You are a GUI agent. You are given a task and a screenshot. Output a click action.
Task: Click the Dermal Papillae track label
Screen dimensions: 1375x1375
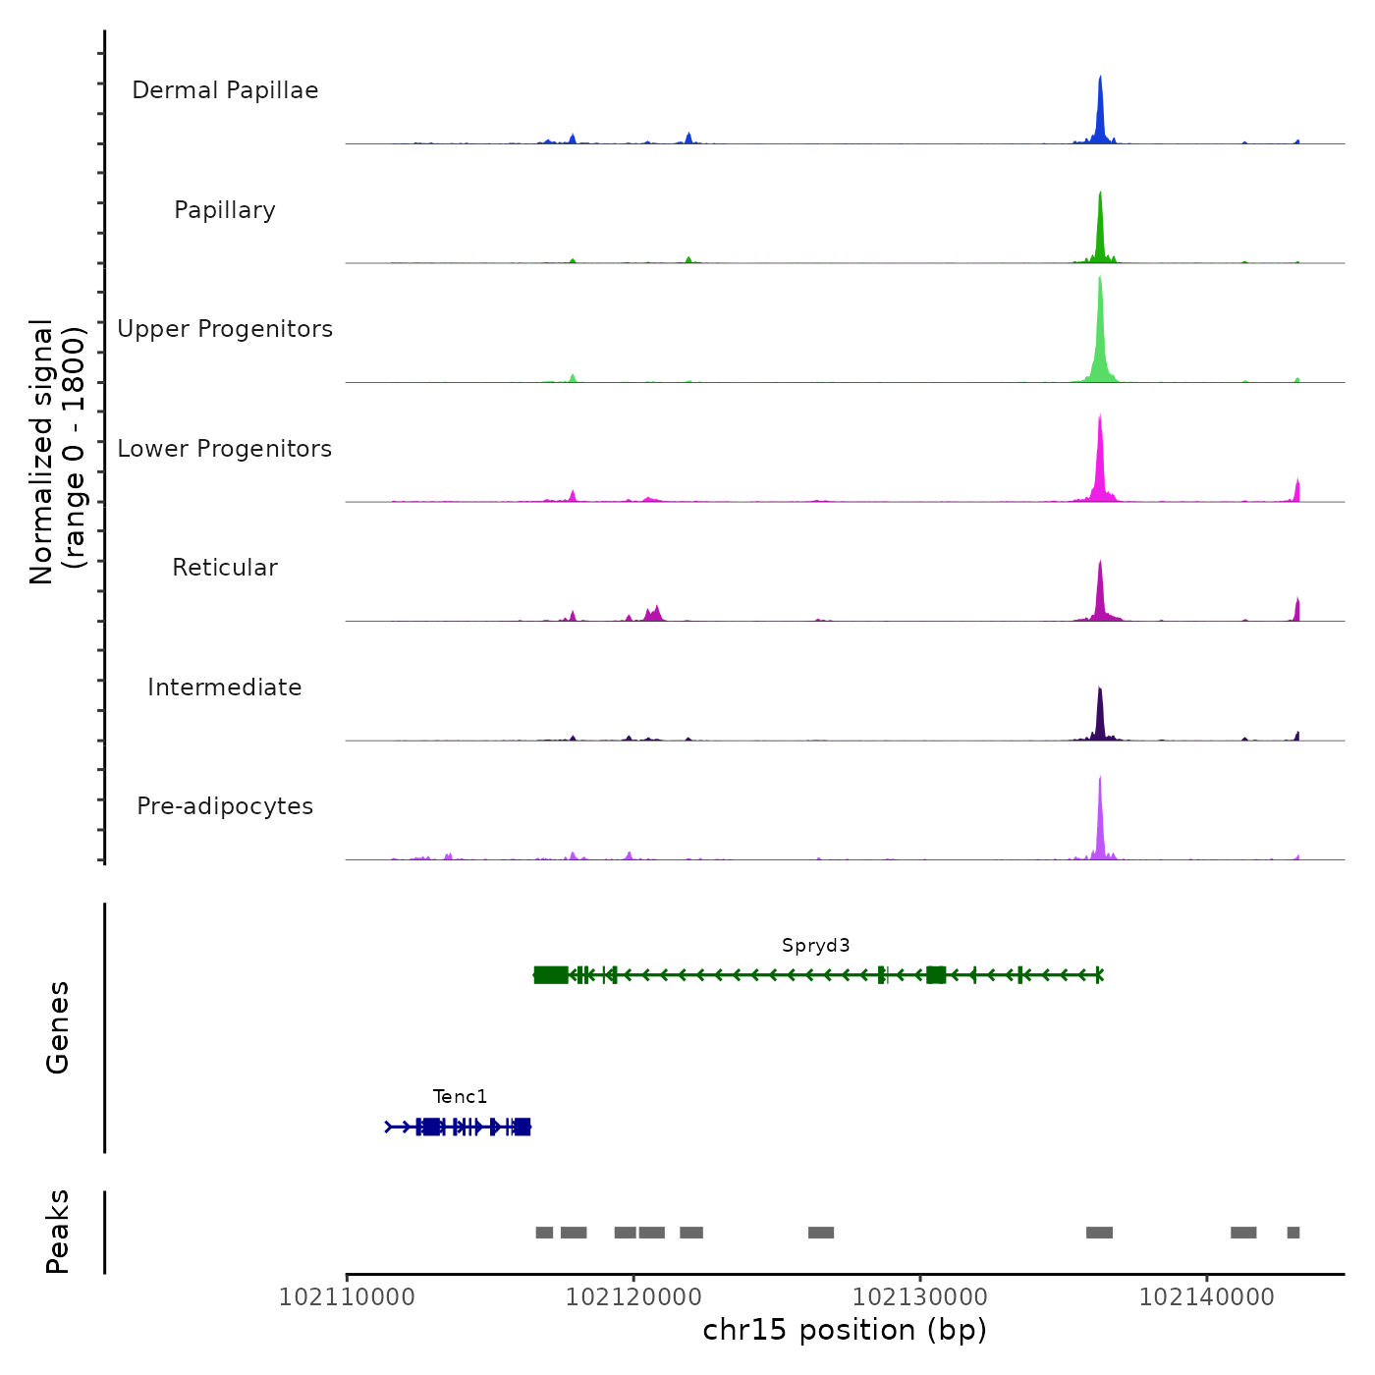pos(225,90)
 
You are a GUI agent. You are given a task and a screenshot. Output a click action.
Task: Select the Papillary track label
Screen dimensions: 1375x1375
pos(225,210)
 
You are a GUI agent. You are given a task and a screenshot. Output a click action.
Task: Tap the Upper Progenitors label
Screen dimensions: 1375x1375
pos(225,329)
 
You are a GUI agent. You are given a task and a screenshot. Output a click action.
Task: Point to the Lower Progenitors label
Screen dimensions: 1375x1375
pos(225,449)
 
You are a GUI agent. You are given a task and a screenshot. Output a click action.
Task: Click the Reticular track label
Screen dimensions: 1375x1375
pos(225,568)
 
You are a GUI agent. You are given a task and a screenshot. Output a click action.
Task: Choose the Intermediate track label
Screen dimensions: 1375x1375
pos(225,687)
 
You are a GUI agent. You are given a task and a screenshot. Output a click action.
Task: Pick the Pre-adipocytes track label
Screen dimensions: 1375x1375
pos(225,806)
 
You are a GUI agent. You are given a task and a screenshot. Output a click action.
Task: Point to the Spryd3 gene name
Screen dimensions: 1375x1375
pos(815,946)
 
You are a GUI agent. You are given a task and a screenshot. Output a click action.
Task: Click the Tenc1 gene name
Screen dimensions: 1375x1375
pos(460,1097)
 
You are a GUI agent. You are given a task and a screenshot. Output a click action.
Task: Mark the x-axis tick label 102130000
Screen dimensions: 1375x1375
pos(920,1297)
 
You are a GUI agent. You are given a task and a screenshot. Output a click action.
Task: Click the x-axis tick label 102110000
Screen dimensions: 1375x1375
pos(347,1297)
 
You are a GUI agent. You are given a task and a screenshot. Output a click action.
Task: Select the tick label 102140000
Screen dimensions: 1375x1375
pos(1207,1297)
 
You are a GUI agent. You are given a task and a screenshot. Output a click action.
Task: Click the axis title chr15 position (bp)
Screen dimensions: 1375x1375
pos(845,1330)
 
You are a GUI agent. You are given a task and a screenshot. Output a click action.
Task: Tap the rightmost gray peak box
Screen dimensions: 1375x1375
pos(1293,1233)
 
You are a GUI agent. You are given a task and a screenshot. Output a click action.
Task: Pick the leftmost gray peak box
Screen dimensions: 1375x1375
pos(544,1233)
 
